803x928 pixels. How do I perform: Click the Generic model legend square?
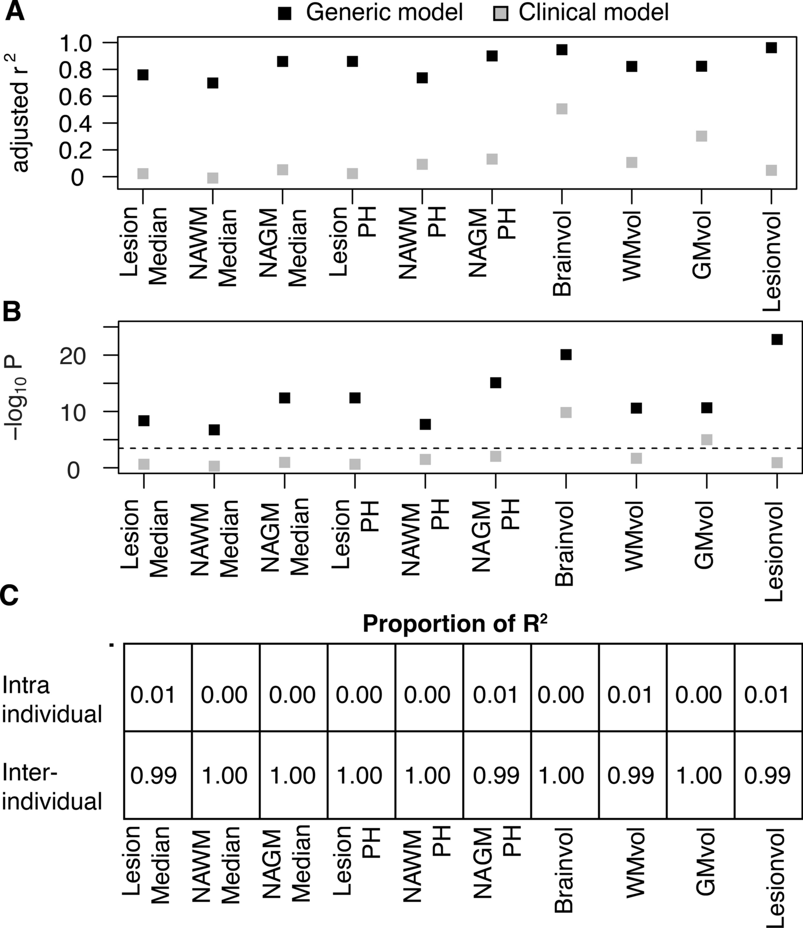point(284,13)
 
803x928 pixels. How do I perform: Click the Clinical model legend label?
point(593,12)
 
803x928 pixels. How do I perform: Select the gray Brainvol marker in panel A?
point(561,109)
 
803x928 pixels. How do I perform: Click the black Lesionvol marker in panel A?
point(771,48)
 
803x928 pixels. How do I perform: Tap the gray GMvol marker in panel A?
point(701,136)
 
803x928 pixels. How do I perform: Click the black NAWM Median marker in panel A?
point(213,83)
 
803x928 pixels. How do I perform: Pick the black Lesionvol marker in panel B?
point(777,339)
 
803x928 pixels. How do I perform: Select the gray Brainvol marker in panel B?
point(566,412)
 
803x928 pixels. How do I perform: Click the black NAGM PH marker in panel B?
point(496,382)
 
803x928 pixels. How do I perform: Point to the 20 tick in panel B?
point(73,356)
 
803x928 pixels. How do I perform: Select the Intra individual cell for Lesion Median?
point(153,695)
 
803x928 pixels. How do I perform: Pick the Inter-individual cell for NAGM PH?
point(496,775)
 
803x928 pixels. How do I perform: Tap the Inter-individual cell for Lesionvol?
point(767,775)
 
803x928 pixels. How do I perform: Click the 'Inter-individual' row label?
point(52,787)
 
